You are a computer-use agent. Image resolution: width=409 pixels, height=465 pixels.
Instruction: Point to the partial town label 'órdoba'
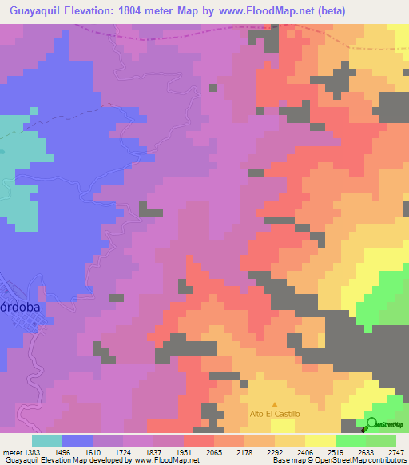(15, 312)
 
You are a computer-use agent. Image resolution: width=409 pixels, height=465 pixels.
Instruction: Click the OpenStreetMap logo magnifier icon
(372, 424)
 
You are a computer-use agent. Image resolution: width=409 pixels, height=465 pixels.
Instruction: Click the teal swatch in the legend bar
(47, 440)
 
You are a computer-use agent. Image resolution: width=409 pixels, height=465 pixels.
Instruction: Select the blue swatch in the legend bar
(77, 440)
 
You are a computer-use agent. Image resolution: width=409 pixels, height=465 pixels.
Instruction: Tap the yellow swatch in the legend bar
(320, 440)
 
